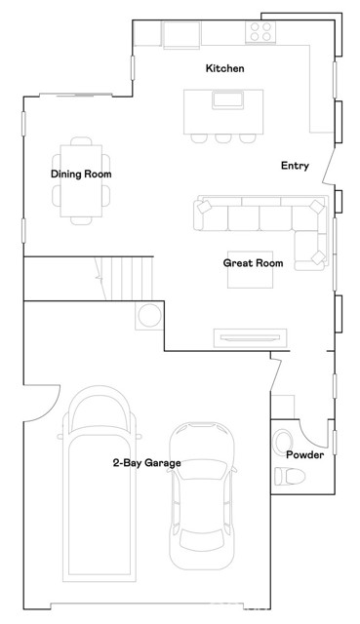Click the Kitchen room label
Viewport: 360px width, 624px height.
click(x=223, y=69)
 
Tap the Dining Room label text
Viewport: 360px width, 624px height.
click(x=81, y=175)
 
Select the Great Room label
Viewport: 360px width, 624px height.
click(x=253, y=263)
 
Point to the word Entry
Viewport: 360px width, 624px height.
click(x=295, y=166)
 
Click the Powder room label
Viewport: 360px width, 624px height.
click(x=304, y=454)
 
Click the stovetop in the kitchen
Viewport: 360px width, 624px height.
click(x=260, y=31)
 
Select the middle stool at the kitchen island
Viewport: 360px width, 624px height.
click(x=222, y=137)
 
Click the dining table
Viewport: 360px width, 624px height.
click(x=81, y=180)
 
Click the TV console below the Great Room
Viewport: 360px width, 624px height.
click(x=252, y=337)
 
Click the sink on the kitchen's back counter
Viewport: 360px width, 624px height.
click(x=180, y=35)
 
